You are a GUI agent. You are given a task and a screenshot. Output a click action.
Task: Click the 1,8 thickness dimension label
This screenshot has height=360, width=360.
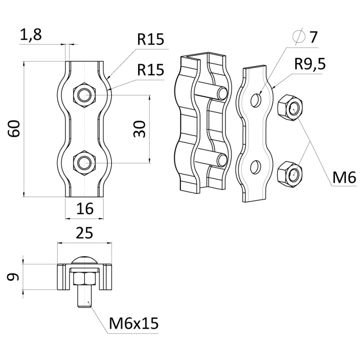click(31, 36)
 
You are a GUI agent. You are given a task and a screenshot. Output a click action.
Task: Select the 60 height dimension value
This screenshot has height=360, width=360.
click(14, 129)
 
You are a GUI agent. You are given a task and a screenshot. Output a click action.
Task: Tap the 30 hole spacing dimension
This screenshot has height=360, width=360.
click(140, 129)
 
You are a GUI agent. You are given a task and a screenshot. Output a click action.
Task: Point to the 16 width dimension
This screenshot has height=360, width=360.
click(85, 208)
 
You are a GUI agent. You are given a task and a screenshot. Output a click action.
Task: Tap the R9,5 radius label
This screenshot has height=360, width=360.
click(310, 64)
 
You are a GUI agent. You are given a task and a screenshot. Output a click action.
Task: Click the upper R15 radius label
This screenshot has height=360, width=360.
click(151, 40)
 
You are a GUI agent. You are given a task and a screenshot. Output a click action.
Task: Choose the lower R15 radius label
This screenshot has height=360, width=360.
click(151, 70)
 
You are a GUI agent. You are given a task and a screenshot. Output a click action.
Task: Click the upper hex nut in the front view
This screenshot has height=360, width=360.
click(84, 94)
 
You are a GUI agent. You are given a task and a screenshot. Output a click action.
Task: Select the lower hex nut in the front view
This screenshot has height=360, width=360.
click(84, 162)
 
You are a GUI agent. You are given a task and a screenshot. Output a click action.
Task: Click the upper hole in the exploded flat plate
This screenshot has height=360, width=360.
click(256, 99)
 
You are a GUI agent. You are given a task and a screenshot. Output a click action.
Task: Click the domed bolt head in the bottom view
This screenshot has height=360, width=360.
click(85, 261)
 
